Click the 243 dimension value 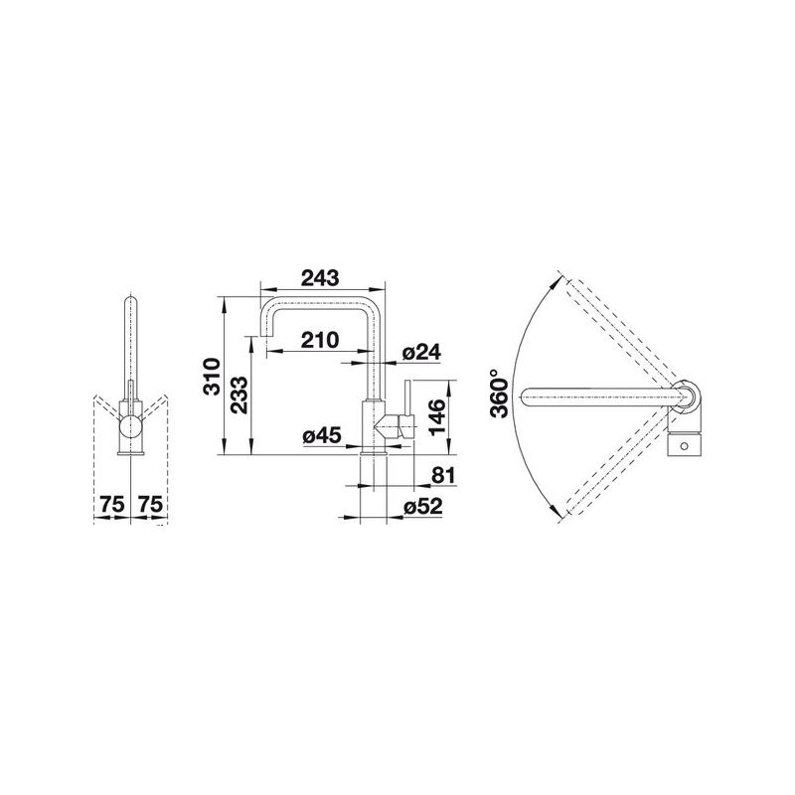317,278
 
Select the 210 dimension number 317,340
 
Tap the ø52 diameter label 423,508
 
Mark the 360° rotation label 502,397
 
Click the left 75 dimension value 111,506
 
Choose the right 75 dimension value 150,506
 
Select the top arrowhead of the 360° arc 557,281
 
